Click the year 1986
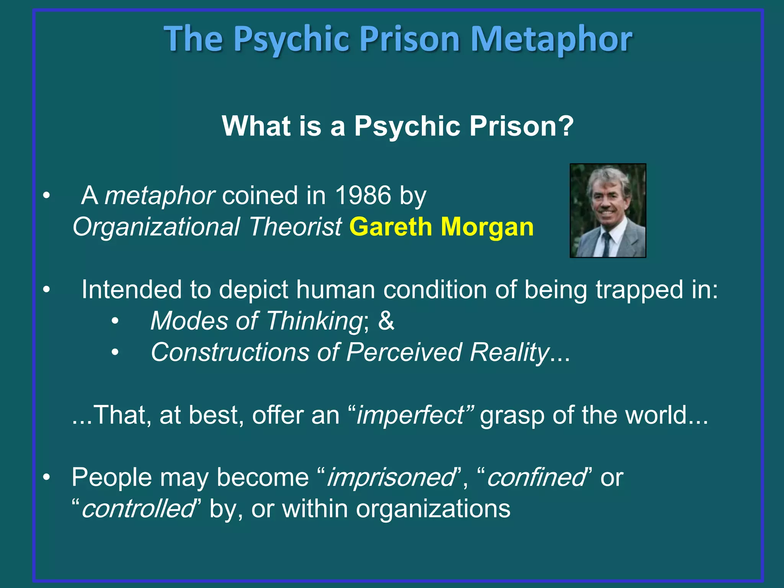(x=363, y=196)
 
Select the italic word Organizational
(x=156, y=227)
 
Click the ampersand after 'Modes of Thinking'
(x=386, y=320)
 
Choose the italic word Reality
(x=510, y=352)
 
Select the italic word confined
(x=536, y=478)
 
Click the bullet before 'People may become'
(x=46, y=478)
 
